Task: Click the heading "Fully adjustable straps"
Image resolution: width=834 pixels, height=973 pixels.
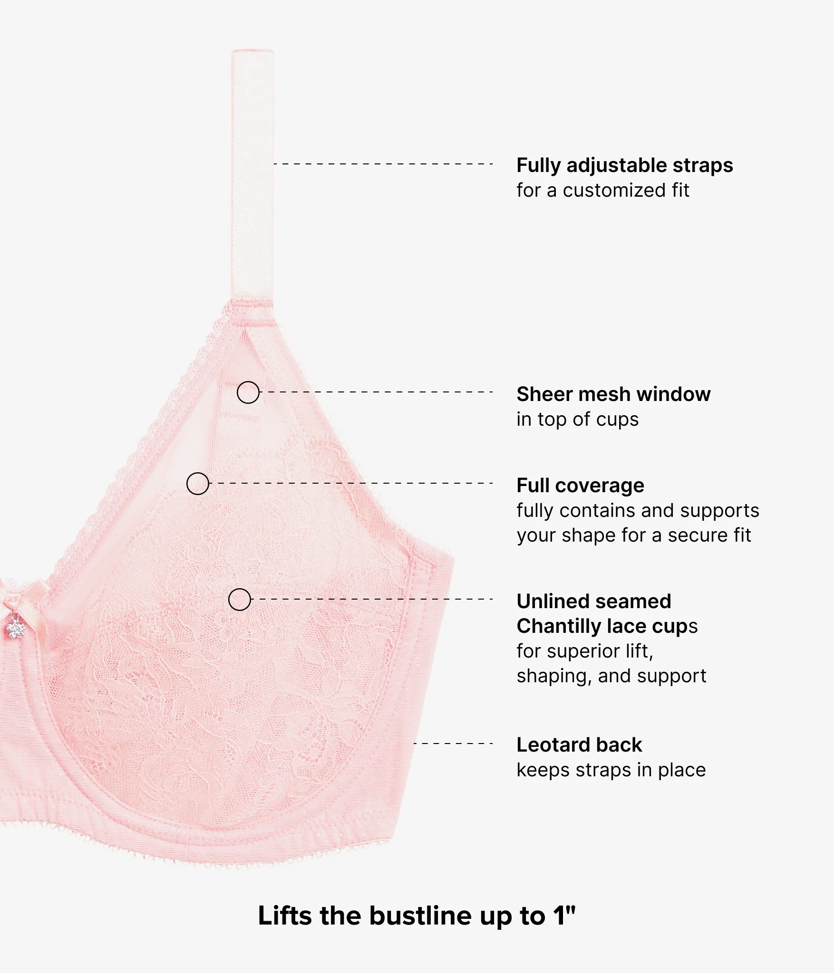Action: [x=625, y=165]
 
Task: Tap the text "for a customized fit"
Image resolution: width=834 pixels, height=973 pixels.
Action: [x=603, y=191]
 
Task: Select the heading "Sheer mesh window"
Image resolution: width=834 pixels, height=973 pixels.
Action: [x=613, y=394]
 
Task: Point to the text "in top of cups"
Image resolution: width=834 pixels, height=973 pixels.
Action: [x=578, y=420]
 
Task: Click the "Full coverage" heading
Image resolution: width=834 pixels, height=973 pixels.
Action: [x=581, y=486]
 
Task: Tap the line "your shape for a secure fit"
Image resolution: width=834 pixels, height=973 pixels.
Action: [x=634, y=535]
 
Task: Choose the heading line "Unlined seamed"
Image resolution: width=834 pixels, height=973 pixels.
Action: [x=594, y=601]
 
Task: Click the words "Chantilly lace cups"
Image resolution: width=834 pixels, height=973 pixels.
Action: [x=607, y=627]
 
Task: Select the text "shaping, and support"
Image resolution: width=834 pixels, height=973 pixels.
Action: [x=611, y=676]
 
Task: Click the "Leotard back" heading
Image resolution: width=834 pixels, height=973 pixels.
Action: [x=579, y=745]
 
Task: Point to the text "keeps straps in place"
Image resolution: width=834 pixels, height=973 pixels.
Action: [x=611, y=770]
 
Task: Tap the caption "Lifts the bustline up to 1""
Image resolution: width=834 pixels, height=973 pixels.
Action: [x=417, y=916]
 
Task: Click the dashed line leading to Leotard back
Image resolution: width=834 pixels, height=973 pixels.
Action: [x=453, y=744]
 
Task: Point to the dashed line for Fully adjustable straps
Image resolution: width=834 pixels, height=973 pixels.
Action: [x=383, y=164]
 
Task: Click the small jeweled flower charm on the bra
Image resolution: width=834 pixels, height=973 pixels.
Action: [x=15, y=628]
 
